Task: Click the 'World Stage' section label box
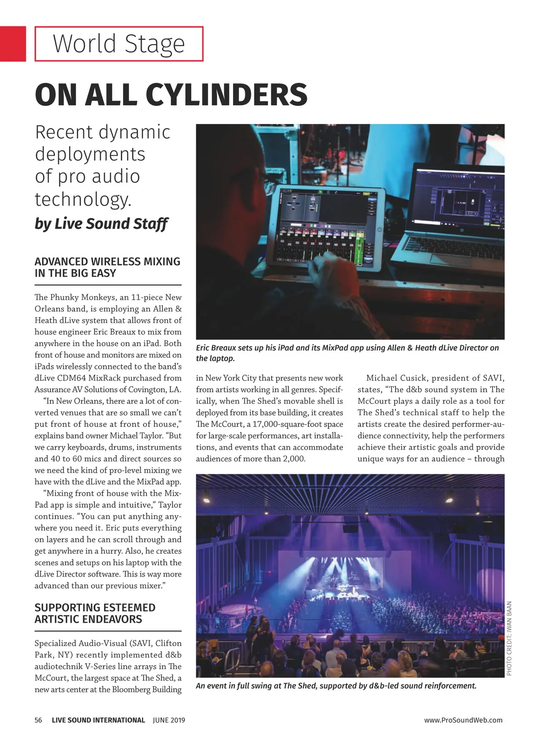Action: tap(119, 44)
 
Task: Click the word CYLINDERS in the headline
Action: tap(226, 95)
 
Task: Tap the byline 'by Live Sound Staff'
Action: tap(101, 224)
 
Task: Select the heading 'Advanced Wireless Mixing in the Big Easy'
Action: tap(107, 268)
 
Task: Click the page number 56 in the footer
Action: tap(38, 720)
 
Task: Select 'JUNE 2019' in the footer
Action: tap(169, 720)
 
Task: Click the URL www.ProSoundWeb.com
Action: tap(463, 720)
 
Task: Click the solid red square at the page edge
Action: tap(13, 44)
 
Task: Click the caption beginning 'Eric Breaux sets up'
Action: tap(347, 353)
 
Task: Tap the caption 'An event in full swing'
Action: tap(336, 686)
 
